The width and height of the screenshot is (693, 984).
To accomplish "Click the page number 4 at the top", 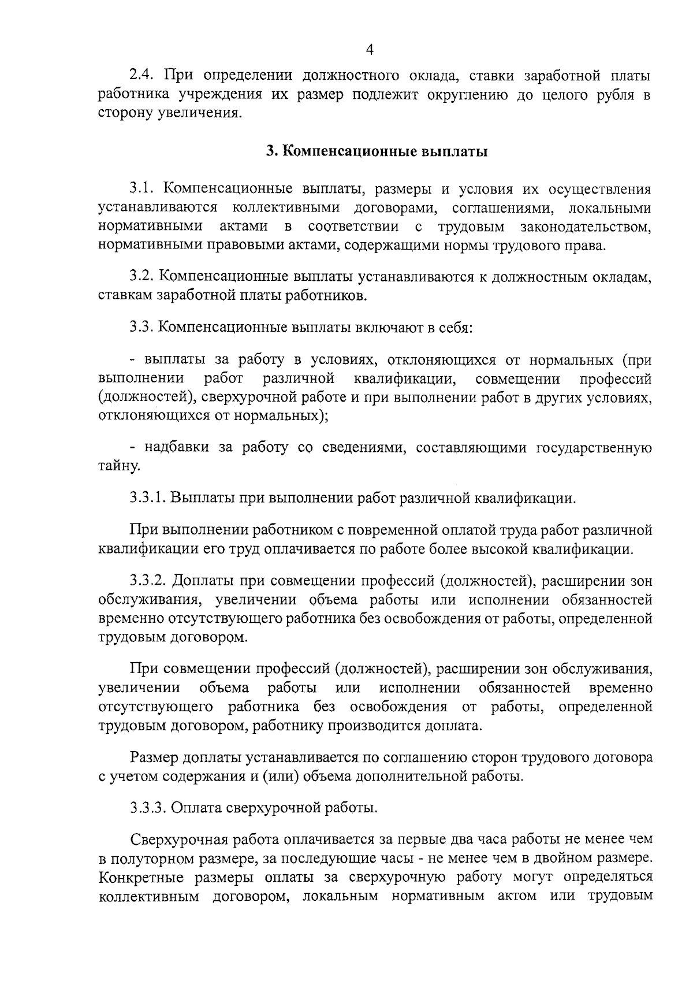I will click(x=370, y=50).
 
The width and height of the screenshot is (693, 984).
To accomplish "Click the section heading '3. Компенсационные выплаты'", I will click(x=377, y=151).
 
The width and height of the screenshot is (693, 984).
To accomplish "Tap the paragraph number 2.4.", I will click(x=143, y=75).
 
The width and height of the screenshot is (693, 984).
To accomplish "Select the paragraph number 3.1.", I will click(x=143, y=188).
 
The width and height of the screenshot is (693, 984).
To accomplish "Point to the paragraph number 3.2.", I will click(x=143, y=277).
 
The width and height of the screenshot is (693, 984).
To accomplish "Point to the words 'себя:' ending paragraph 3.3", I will click(x=455, y=327).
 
